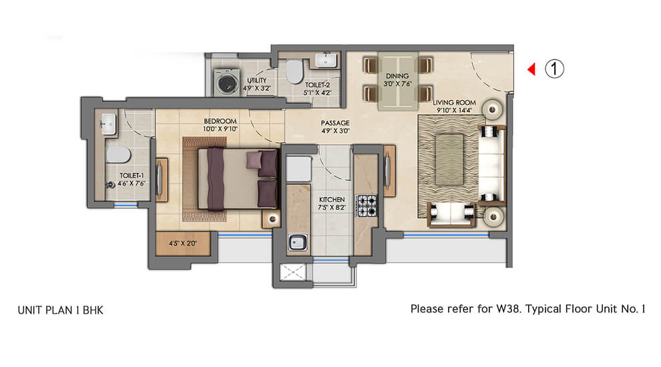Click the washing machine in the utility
tap(227, 82)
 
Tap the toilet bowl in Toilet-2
tap(294, 71)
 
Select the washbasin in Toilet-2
tap(326, 60)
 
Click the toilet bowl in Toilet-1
tap(118, 155)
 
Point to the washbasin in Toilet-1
tap(108, 124)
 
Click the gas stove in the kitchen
tap(367, 206)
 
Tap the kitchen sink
tap(298, 243)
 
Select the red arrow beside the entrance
tap(531, 69)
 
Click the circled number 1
tap(554, 69)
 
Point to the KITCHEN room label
tap(332, 200)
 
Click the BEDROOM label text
tap(220, 121)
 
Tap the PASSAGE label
tap(335, 123)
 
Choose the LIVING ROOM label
tap(455, 102)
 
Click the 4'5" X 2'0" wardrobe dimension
tap(183, 244)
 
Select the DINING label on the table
tap(397, 76)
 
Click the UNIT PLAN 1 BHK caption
tap(60, 310)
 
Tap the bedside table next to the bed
tap(271, 219)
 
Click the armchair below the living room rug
tap(451, 214)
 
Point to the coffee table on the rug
tap(449, 159)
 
